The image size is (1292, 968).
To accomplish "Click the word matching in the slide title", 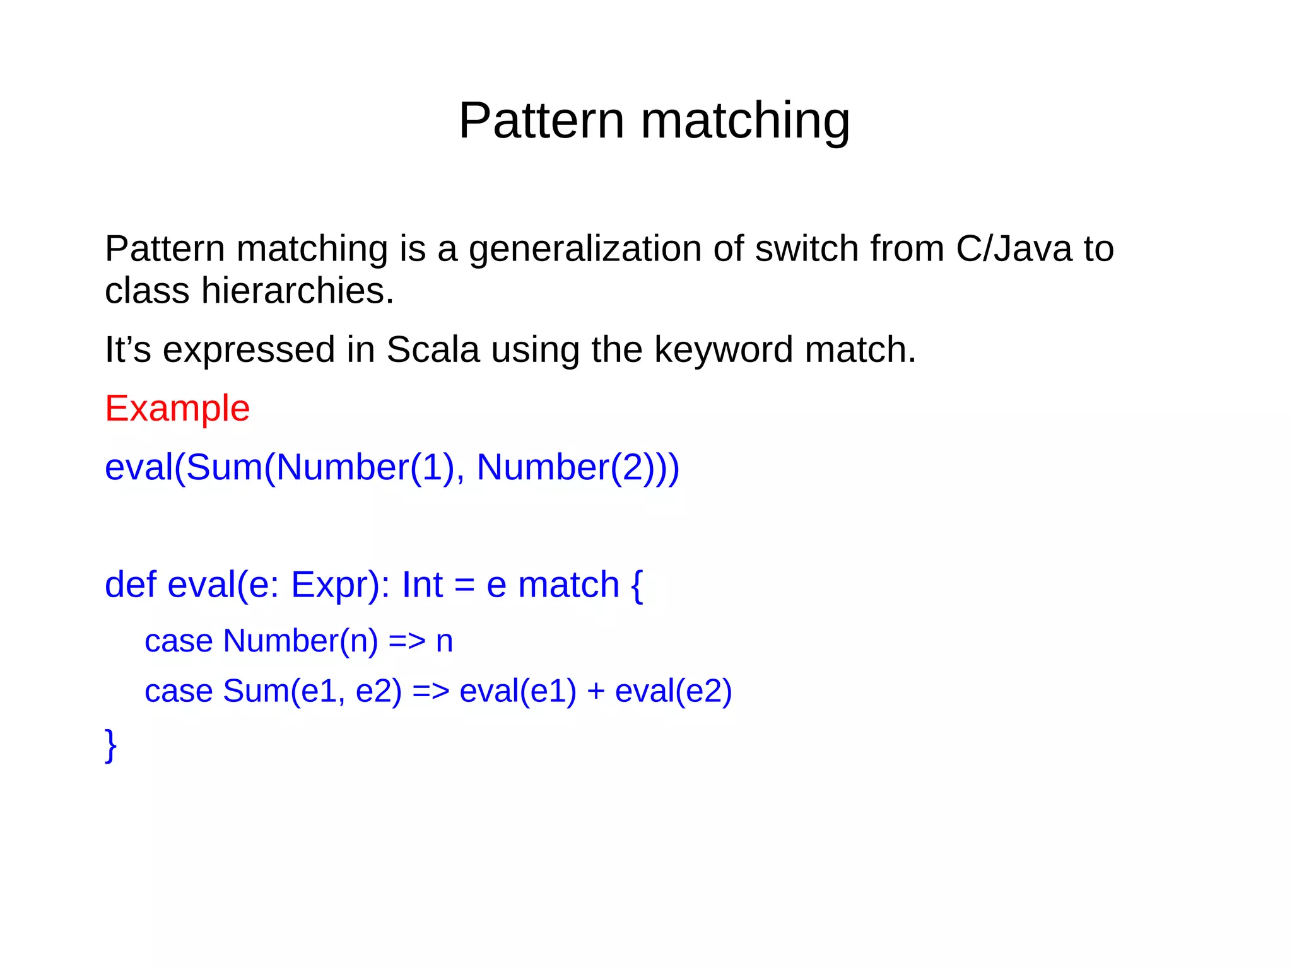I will pos(745,121).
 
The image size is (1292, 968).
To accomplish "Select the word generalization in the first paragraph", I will pos(584,250).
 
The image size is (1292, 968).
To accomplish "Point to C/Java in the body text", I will pos(1013,248).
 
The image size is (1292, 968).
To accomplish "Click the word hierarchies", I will pos(297,291).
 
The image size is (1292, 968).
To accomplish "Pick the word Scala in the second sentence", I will pos(433,349).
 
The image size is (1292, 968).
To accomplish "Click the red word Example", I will pos(177,409).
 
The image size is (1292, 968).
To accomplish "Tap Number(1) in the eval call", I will pos(365,468).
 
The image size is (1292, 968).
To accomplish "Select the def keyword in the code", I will pos(131,585).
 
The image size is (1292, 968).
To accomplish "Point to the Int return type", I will pos(422,585).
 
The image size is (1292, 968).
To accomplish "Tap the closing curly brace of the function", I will pos(111,745).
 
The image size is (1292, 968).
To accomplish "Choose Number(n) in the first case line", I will pos(300,641).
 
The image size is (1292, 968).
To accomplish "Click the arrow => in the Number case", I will pos(407,641).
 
